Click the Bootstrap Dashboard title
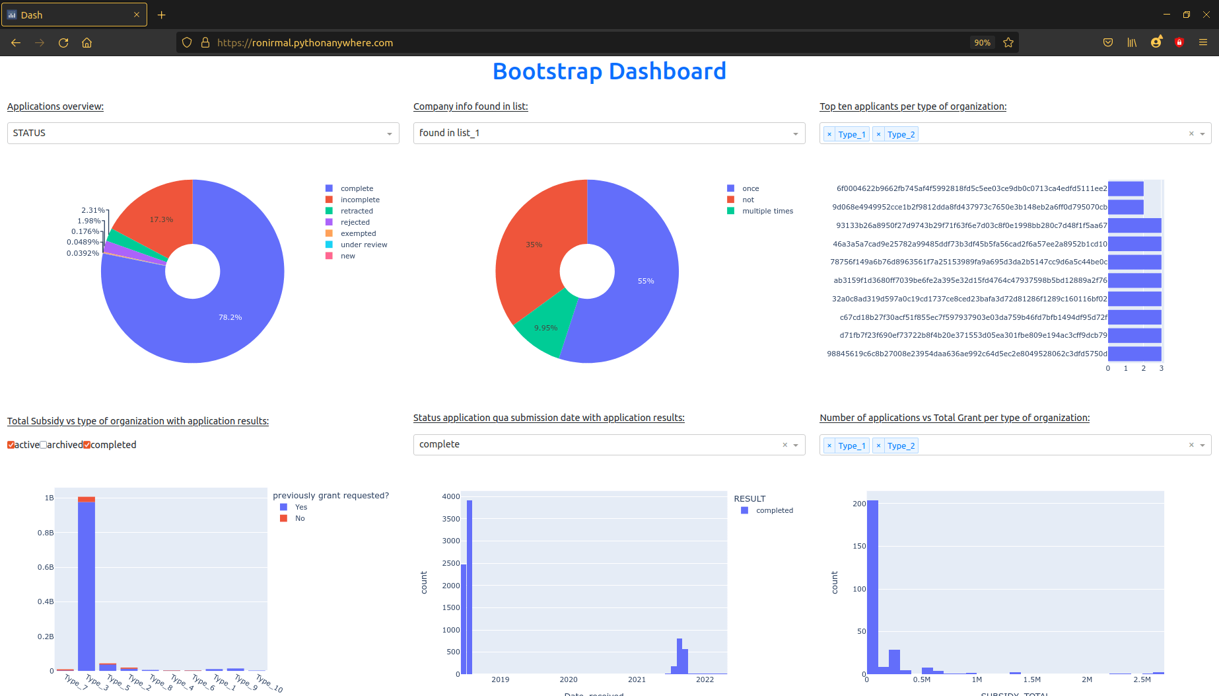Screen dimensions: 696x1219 (609, 71)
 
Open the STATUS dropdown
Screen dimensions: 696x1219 (203, 133)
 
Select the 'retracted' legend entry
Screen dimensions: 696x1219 (357, 211)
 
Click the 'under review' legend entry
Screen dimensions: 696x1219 (363, 245)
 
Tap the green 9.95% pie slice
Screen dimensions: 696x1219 (545, 328)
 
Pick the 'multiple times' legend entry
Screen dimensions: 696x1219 (767, 211)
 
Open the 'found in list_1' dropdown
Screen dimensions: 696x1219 (608, 133)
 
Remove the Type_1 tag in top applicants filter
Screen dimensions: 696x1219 (829, 134)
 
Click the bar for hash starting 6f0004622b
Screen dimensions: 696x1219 (1125, 189)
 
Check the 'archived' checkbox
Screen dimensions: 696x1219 (44, 445)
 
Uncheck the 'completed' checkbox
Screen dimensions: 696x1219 (87, 445)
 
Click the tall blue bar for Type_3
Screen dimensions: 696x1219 (87, 585)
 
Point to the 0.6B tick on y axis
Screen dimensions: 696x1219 (46, 567)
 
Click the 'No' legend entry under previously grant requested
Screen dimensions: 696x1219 (300, 518)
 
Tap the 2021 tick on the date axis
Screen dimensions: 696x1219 (637, 679)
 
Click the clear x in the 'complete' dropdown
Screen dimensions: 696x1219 (784, 445)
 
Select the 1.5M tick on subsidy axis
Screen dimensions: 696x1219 (1031, 679)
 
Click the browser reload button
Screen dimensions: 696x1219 (63, 42)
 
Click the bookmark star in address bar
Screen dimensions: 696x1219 (1008, 42)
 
